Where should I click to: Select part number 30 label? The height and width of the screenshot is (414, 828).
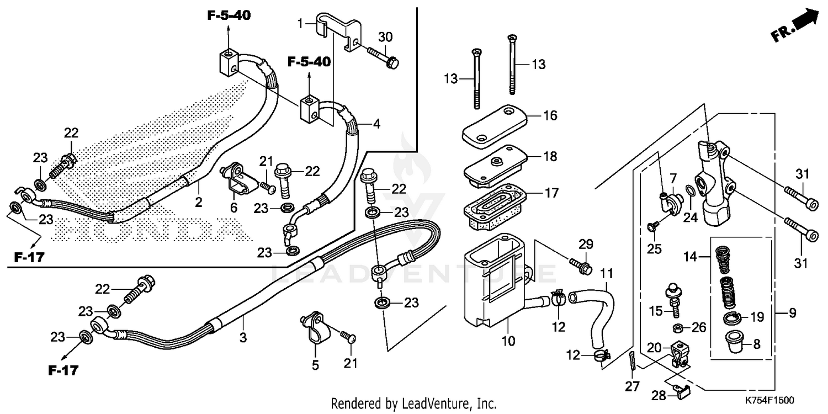click(x=385, y=37)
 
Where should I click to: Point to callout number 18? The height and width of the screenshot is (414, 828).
click(x=550, y=156)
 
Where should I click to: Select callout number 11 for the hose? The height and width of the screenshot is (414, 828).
click(x=607, y=273)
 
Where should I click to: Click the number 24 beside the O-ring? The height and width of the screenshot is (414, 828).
click(x=690, y=217)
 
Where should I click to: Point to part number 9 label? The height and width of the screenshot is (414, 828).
click(x=792, y=314)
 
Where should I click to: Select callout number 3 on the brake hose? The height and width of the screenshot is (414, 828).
click(x=243, y=338)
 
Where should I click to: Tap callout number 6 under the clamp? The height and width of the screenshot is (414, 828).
click(x=233, y=208)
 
